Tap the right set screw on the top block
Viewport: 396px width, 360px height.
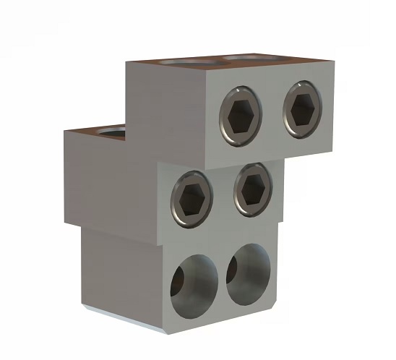(x=302, y=109)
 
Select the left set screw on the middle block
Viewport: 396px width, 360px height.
(x=191, y=196)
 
